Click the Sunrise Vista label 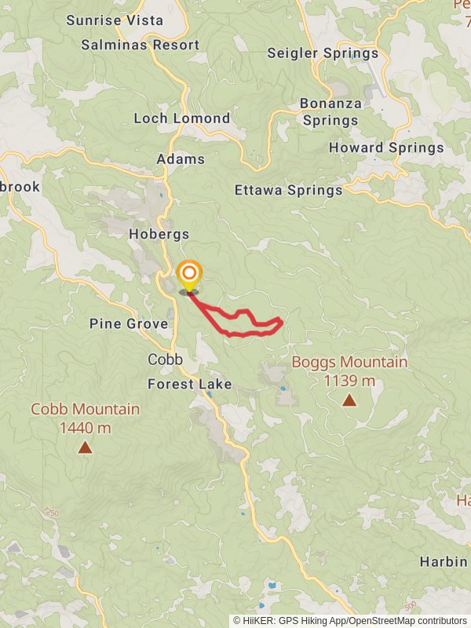click(115, 20)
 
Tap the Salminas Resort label click(141, 45)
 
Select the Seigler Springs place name click(323, 53)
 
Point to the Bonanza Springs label click(330, 111)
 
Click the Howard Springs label click(386, 148)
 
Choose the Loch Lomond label click(181, 119)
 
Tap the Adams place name click(181, 159)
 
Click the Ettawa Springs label click(289, 190)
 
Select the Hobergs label click(159, 234)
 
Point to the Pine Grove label click(129, 323)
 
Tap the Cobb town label click(165, 359)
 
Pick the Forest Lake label click(190, 384)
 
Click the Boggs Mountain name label click(349, 362)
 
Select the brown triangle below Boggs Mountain click(349, 401)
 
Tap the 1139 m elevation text click(349, 381)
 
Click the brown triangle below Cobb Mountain click(85, 448)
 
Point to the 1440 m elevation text click(85, 428)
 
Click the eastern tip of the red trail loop click(282, 320)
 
